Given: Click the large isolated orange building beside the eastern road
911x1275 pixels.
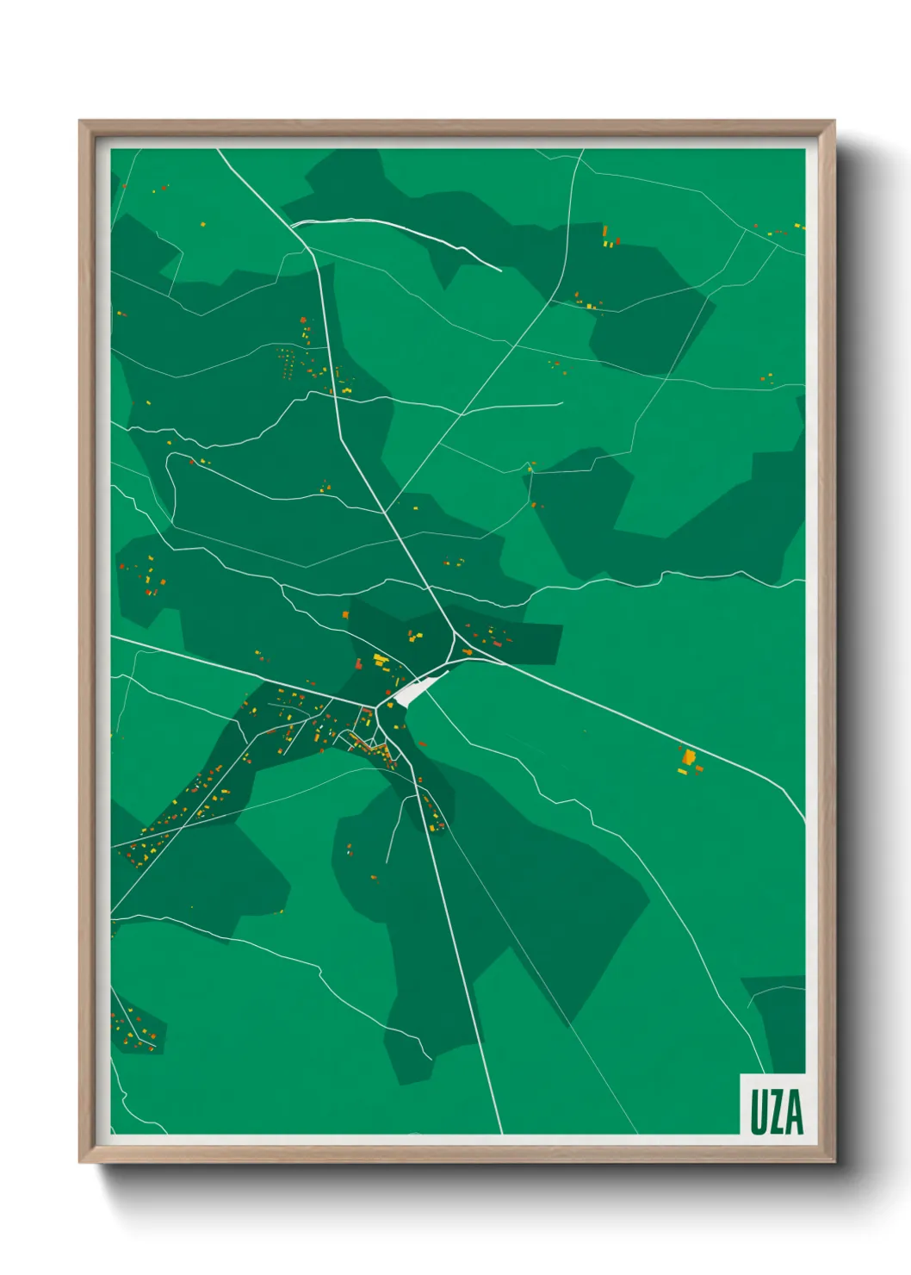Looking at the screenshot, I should click(x=689, y=756).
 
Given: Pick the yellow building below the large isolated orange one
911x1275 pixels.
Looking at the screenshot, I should click(x=683, y=771).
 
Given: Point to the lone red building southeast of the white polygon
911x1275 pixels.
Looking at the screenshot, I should click(x=422, y=743).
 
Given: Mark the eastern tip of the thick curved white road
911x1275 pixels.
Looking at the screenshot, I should click(x=500, y=271).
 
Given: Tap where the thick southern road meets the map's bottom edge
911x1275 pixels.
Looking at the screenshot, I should click(x=500, y=1132).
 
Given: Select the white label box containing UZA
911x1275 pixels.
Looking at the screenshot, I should click(x=773, y=1104).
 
